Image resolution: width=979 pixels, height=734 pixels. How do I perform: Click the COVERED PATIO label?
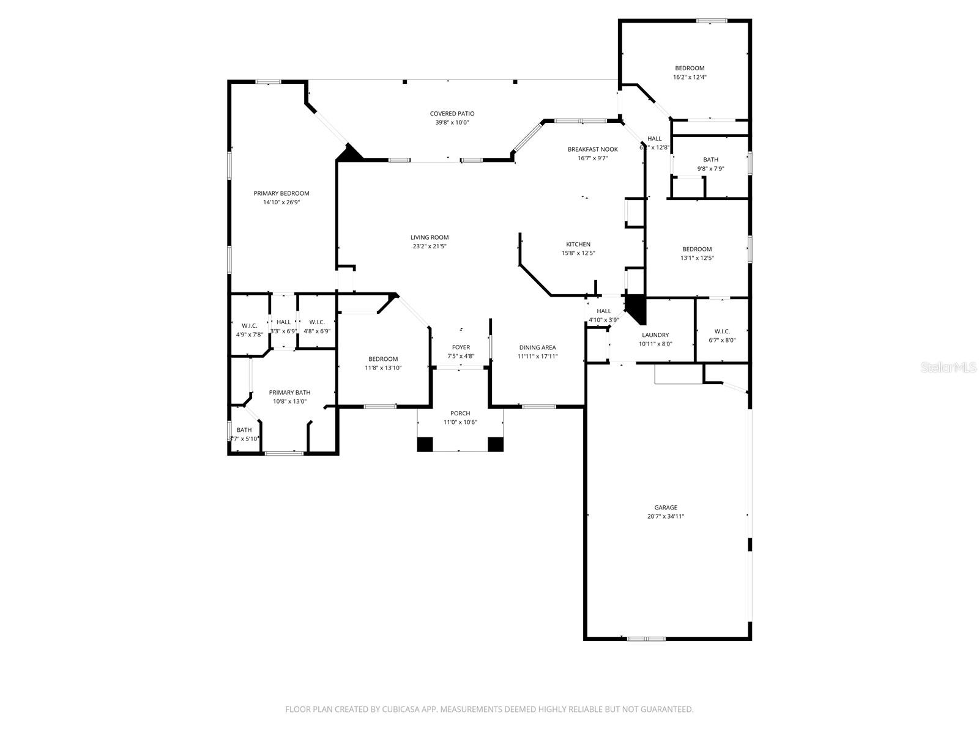[452, 114]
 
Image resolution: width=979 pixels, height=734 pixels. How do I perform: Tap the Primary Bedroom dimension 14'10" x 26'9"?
[281, 202]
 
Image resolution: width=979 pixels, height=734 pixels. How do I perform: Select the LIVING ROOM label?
[430, 237]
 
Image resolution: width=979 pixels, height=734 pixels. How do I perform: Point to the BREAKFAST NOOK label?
[592, 149]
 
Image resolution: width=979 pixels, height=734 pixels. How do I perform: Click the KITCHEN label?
[578, 244]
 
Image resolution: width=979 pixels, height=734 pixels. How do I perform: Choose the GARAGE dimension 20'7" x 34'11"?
[666, 516]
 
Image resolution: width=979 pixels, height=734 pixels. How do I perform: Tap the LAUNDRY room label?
[655, 335]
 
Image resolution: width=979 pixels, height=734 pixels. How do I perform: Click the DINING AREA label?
[537, 347]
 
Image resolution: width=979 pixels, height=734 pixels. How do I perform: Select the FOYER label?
[461, 347]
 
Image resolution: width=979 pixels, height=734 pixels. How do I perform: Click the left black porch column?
[425, 444]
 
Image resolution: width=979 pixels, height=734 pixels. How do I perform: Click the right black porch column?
[496, 444]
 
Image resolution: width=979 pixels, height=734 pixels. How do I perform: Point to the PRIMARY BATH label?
[289, 393]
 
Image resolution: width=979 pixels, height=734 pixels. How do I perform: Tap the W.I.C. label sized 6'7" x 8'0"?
[722, 332]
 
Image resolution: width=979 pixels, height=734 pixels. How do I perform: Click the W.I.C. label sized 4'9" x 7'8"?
[249, 325]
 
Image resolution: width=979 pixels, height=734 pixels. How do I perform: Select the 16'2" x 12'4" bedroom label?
[690, 69]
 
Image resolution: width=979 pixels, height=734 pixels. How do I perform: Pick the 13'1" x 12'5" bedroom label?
[697, 249]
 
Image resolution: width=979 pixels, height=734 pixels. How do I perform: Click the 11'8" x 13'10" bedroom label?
[383, 359]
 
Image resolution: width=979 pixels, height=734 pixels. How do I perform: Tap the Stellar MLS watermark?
[949, 367]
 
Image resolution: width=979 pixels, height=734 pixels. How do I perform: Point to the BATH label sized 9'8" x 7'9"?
[710, 160]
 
